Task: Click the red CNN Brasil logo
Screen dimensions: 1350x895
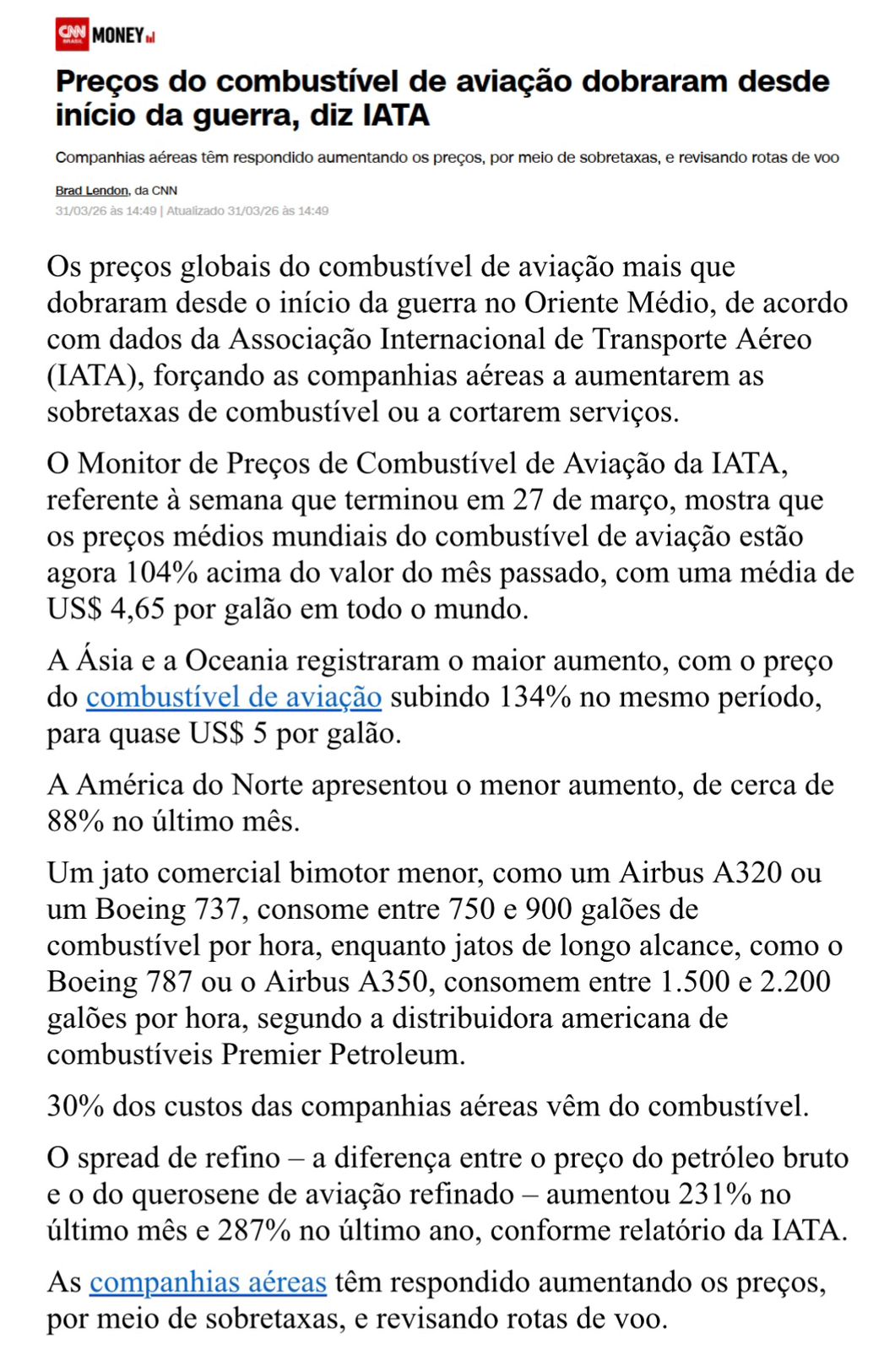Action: [x=72, y=34]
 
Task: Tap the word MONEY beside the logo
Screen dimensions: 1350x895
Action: [x=117, y=35]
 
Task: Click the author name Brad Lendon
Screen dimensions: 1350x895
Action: [x=92, y=191]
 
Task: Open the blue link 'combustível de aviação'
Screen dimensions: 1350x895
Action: [x=234, y=697]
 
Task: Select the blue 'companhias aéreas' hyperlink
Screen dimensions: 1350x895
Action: [x=208, y=1282]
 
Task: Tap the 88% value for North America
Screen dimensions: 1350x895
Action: [x=74, y=821]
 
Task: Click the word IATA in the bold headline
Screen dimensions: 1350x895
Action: [x=396, y=115]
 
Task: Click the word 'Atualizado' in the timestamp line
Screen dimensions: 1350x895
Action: [x=195, y=211]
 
